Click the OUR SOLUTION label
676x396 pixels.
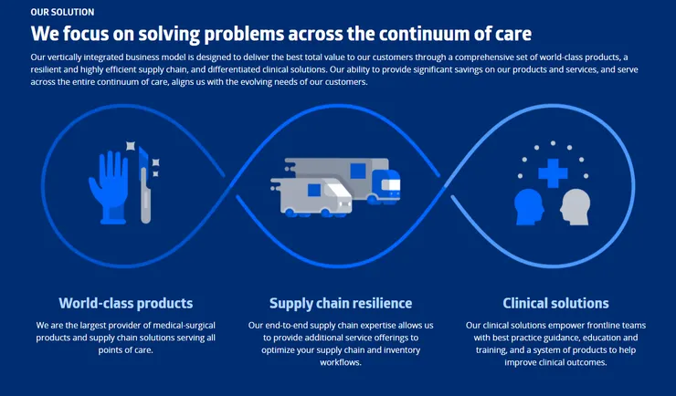[62, 13]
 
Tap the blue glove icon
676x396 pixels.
[108, 188]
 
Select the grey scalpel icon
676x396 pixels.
[145, 185]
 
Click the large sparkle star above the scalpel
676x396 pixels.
[131, 146]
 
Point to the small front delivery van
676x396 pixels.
[311, 197]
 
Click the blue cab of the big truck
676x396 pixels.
[386, 185]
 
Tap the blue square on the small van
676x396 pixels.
[314, 190]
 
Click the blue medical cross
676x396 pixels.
[553, 173]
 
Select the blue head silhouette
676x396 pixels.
[529, 207]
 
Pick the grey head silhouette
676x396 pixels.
[576, 207]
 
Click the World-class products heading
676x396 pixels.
[125, 304]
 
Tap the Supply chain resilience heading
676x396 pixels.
[341, 304]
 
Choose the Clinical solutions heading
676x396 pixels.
[555, 304]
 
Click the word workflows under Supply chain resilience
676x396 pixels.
[341, 362]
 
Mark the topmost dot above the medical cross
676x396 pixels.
[553, 143]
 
